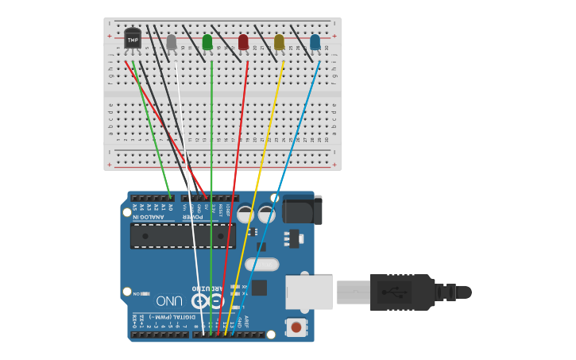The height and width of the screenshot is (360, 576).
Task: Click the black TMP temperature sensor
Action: click(133, 38)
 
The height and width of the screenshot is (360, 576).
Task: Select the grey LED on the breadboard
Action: click(172, 41)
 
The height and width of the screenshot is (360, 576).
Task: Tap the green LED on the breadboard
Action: click(207, 41)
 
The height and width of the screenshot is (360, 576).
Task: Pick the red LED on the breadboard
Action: click(243, 41)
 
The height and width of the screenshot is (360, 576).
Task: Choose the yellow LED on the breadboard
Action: click(279, 41)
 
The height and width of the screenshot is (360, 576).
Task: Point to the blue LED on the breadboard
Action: click(315, 41)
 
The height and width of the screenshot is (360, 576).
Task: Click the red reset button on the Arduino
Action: click(296, 327)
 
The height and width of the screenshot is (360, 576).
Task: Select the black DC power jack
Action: click(303, 210)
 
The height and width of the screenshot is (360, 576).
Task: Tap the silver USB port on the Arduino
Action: click(309, 292)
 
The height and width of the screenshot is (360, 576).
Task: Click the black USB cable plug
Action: click(401, 292)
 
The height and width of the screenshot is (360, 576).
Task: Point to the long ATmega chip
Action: click(183, 236)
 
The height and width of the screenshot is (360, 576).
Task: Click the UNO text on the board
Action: click(169, 301)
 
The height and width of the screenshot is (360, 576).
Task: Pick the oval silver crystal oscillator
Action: click(261, 265)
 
